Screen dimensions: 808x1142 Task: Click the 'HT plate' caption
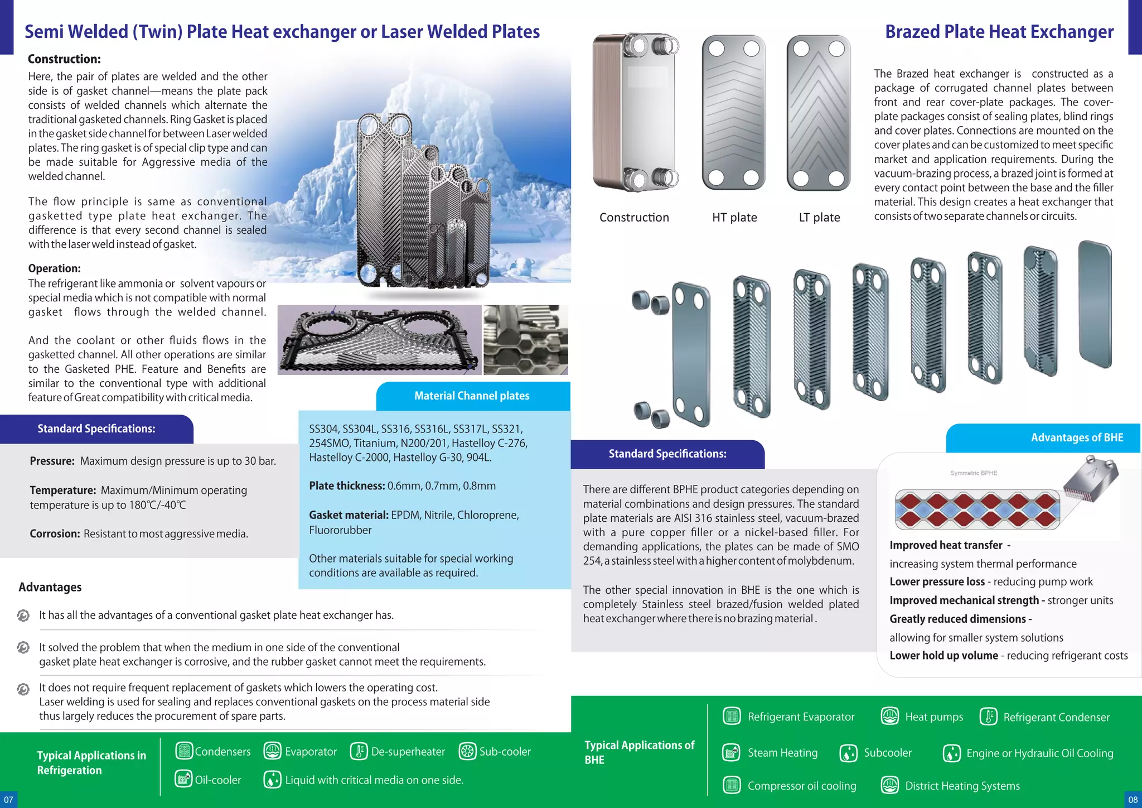pyautogui.click(x=734, y=217)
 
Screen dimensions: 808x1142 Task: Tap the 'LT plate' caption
pyautogui.click(x=819, y=217)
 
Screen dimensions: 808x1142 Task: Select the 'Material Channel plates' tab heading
pyautogui.click(x=471, y=396)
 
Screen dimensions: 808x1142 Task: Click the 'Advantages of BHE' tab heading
pyautogui.click(x=1076, y=437)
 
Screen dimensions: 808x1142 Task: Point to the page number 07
pyautogui.click(x=8, y=800)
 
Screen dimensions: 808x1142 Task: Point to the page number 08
pyautogui.click(x=1133, y=800)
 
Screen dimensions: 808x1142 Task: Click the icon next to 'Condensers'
pyautogui.click(x=183, y=751)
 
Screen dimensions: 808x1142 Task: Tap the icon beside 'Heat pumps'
pyautogui.click(x=889, y=716)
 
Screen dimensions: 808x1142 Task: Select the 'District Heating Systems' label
pyautogui.click(x=962, y=786)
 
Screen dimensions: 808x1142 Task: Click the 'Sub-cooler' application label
pyautogui.click(x=505, y=752)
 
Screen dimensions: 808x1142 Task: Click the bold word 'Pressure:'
pyautogui.click(x=52, y=461)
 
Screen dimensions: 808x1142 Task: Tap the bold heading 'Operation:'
pyautogui.click(x=54, y=268)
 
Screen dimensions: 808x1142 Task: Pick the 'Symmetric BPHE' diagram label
pyautogui.click(x=973, y=473)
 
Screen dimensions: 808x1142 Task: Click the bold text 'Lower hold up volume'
pyautogui.click(x=943, y=656)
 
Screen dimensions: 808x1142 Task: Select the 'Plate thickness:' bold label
pyautogui.click(x=346, y=486)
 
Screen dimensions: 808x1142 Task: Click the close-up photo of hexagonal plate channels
pyautogui.click(x=525, y=339)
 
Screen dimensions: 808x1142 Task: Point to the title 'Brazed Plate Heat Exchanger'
pyautogui.click(x=999, y=32)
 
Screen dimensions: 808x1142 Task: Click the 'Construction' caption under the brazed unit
pyautogui.click(x=634, y=217)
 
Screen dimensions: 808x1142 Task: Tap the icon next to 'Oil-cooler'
pyautogui.click(x=183, y=778)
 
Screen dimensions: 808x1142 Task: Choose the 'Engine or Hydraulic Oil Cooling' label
pyautogui.click(x=1039, y=753)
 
